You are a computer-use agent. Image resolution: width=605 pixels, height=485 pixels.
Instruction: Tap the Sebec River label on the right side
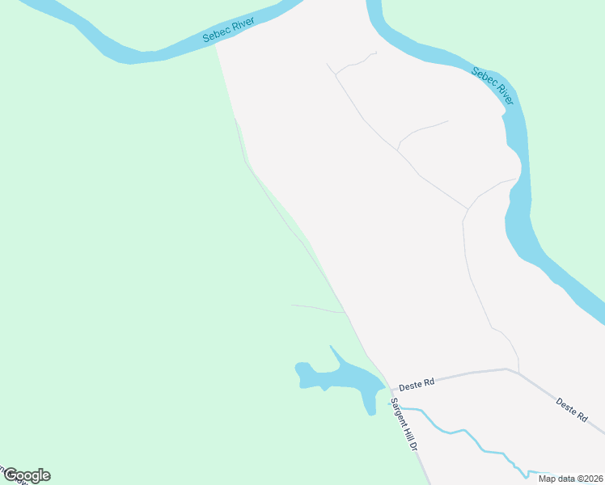click(x=493, y=86)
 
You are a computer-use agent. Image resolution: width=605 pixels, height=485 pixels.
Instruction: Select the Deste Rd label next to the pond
click(x=418, y=382)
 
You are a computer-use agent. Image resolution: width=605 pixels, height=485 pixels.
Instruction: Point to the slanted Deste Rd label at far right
click(x=571, y=410)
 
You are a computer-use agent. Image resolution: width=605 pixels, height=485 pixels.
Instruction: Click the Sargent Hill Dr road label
click(x=404, y=426)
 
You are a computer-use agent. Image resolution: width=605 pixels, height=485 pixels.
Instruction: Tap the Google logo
click(x=27, y=475)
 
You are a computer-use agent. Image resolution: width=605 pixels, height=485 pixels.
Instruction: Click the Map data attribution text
click(x=570, y=478)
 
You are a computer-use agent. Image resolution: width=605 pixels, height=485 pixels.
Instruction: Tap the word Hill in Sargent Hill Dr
click(x=407, y=432)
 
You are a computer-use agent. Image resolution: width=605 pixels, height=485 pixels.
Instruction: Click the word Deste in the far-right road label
click(x=566, y=406)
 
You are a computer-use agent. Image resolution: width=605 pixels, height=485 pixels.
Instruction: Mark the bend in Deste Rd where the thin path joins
click(x=507, y=369)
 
